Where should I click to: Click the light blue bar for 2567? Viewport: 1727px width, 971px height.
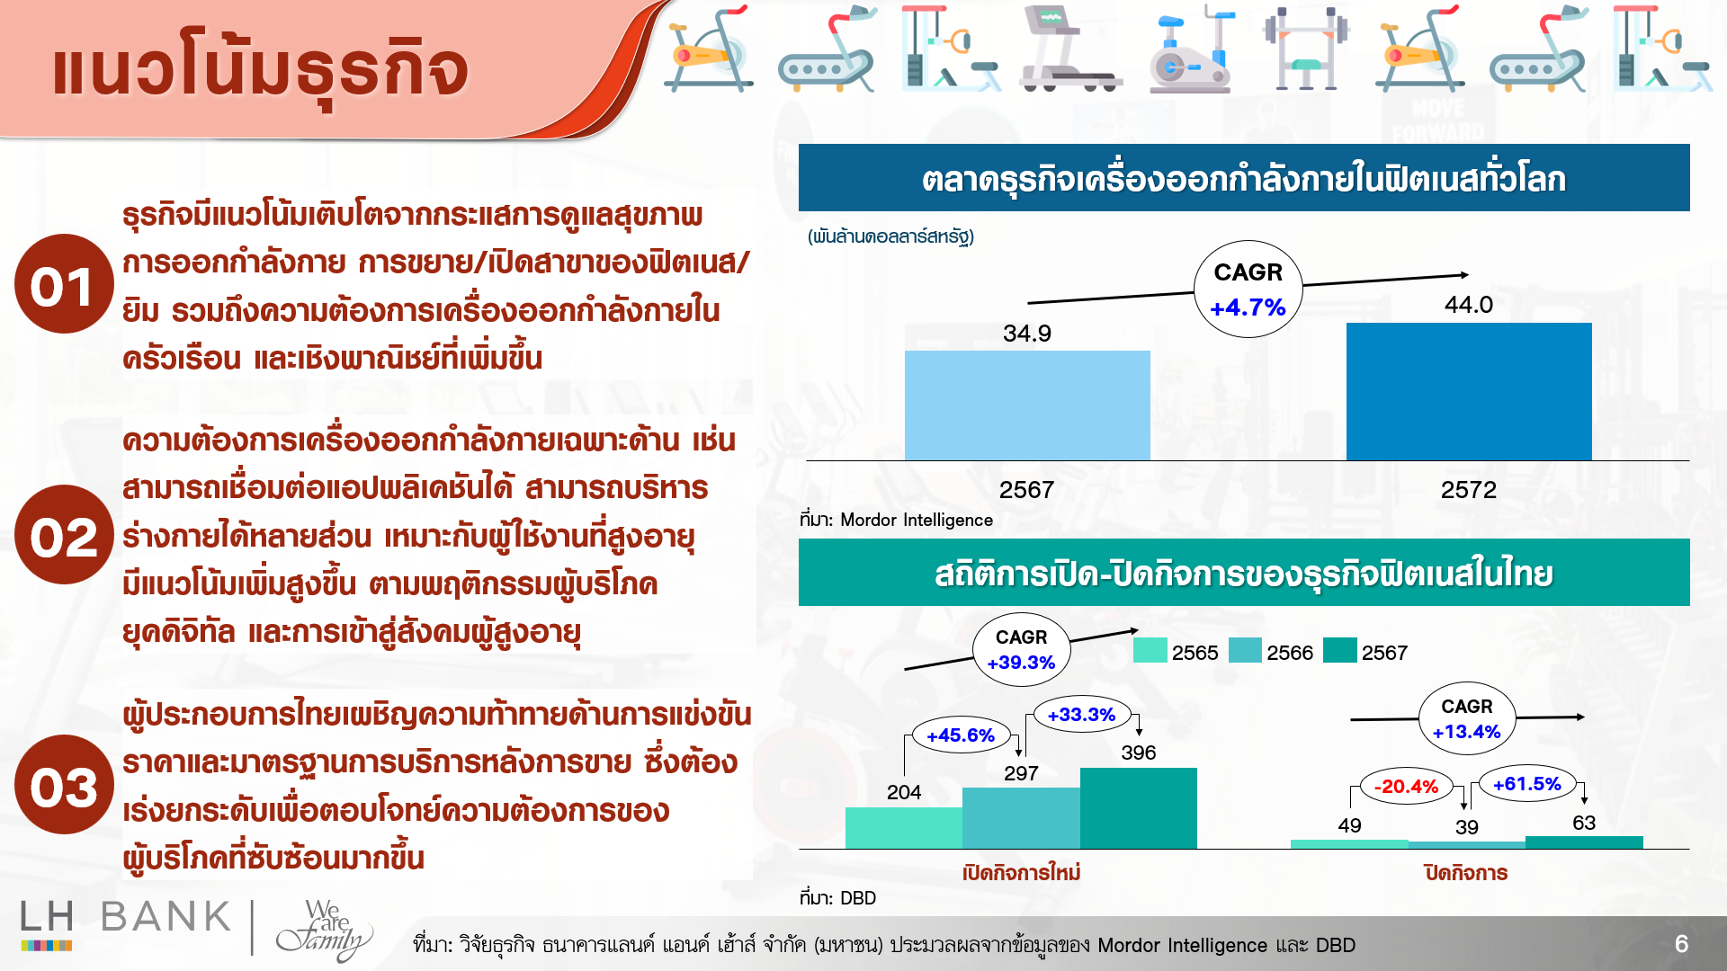pyautogui.click(x=1027, y=405)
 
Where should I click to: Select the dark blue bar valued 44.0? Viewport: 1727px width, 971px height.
pyautogui.click(x=1469, y=391)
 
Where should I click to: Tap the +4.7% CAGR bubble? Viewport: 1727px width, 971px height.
pyautogui.click(x=1248, y=290)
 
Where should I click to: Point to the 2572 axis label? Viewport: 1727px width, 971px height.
pyautogui.click(x=1469, y=490)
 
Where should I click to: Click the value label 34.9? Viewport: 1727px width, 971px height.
pyautogui.click(x=1027, y=334)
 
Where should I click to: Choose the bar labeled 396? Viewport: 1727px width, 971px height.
pyautogui.click(x=1139, y=808)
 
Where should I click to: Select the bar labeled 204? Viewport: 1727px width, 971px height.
pyautogui.click(x=904, y=828)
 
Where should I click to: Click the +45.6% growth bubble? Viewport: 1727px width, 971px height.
pyautogui.click(x=961, y=735)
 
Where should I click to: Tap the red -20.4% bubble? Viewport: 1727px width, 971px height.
pyautogui.click(x=1408, y=787)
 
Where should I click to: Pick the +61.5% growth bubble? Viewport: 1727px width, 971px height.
pyautogui.click(x=1527, y=784)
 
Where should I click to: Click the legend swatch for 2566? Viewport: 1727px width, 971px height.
pyautogui.click(x=1245, y=650)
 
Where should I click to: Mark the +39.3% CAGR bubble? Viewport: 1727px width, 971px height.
pyautogui.click(x=1021, y=650)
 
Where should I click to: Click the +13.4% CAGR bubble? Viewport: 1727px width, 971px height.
pyautogui.click(x=1467, y=718)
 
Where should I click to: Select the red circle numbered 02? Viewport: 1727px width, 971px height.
pyautogui.click(x=64, y=535)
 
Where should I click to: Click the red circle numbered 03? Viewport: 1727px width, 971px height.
pyautogui.click(x=64, y=785)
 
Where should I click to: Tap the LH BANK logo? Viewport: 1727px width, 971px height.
pyautogui.click(x=126, y=923)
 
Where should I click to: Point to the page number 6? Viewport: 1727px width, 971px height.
pyautogui.click(x=1681, y=944)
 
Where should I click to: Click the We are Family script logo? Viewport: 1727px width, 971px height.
pyautogui.click(x=324, y=930)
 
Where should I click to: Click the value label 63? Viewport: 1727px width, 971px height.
pyautogui.click(x=1584, y=823)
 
